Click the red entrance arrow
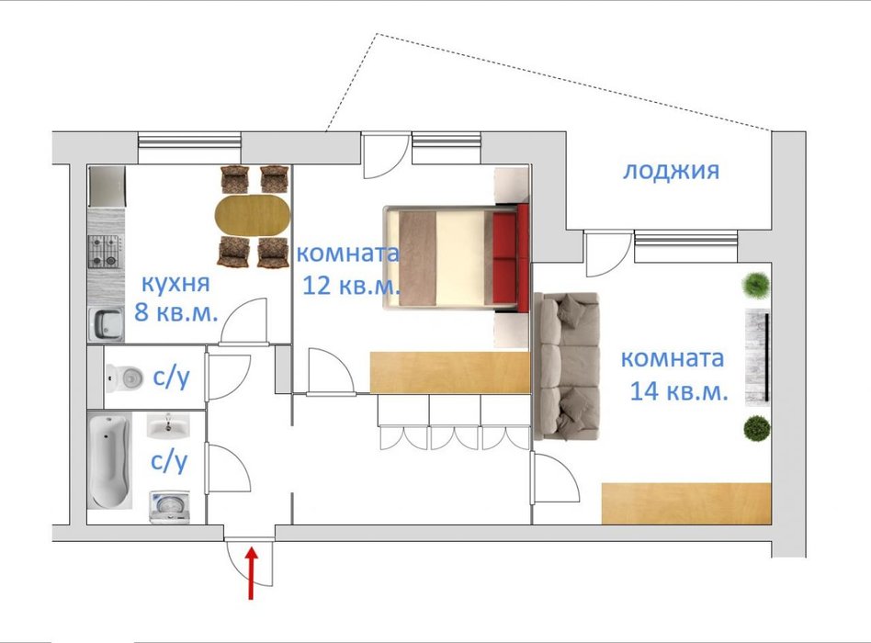point(251,573)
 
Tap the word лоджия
point(671,171)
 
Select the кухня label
point(176,283)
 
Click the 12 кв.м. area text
point(351,286)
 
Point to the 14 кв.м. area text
point(679,391)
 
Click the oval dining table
point(253,215)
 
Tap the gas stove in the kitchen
point(106,252)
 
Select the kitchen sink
point(106,324)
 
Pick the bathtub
point(109,461)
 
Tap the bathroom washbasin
point(168,426)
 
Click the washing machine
point(169,506)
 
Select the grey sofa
point(567,367)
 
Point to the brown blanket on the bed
point(417,258)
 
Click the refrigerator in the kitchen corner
point(107,186)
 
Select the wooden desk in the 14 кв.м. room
point(686,503)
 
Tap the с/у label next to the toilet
point(171,378)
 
